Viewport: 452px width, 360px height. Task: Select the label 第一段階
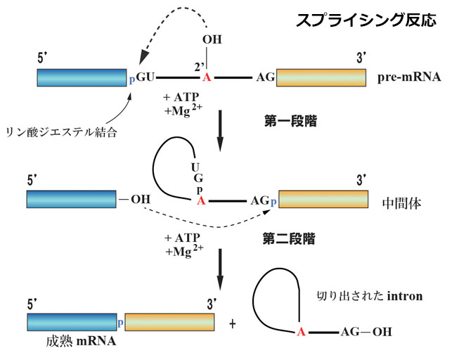point(292,121)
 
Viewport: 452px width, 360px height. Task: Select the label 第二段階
point(292,240)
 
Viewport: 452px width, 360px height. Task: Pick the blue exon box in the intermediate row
point(71,199)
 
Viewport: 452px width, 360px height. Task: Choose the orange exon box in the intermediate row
point(323,199)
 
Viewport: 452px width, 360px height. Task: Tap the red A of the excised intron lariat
point(300,331)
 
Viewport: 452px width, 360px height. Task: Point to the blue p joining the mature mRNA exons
point(120,321)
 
